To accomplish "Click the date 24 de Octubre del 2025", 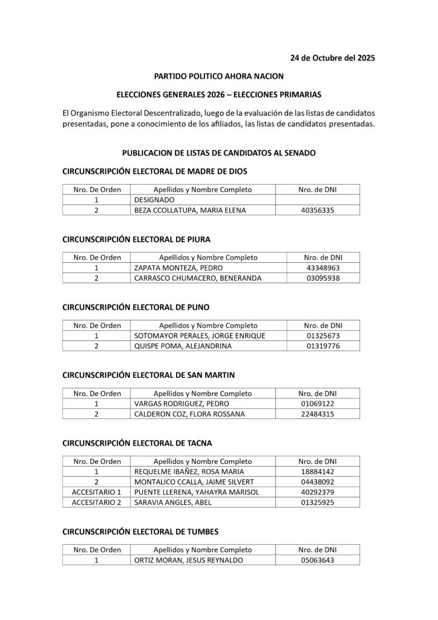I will pos(332,58).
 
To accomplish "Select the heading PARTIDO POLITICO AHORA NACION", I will pos(218,77).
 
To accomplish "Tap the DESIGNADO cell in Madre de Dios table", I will pos(154,199).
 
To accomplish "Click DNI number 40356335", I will pos(318,210).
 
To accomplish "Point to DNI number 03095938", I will pos(323,279).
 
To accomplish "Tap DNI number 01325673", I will pos(323,335).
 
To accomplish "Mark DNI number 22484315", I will pos(318,415).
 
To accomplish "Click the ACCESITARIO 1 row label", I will pos(97,492).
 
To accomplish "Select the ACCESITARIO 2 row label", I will pos(97,503).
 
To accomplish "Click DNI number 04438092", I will pos(318,481).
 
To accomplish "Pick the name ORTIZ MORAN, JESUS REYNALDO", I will pos(188,560).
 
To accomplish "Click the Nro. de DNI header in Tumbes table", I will pos(318,549).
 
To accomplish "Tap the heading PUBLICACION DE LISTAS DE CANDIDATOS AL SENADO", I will pos(218,154).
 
